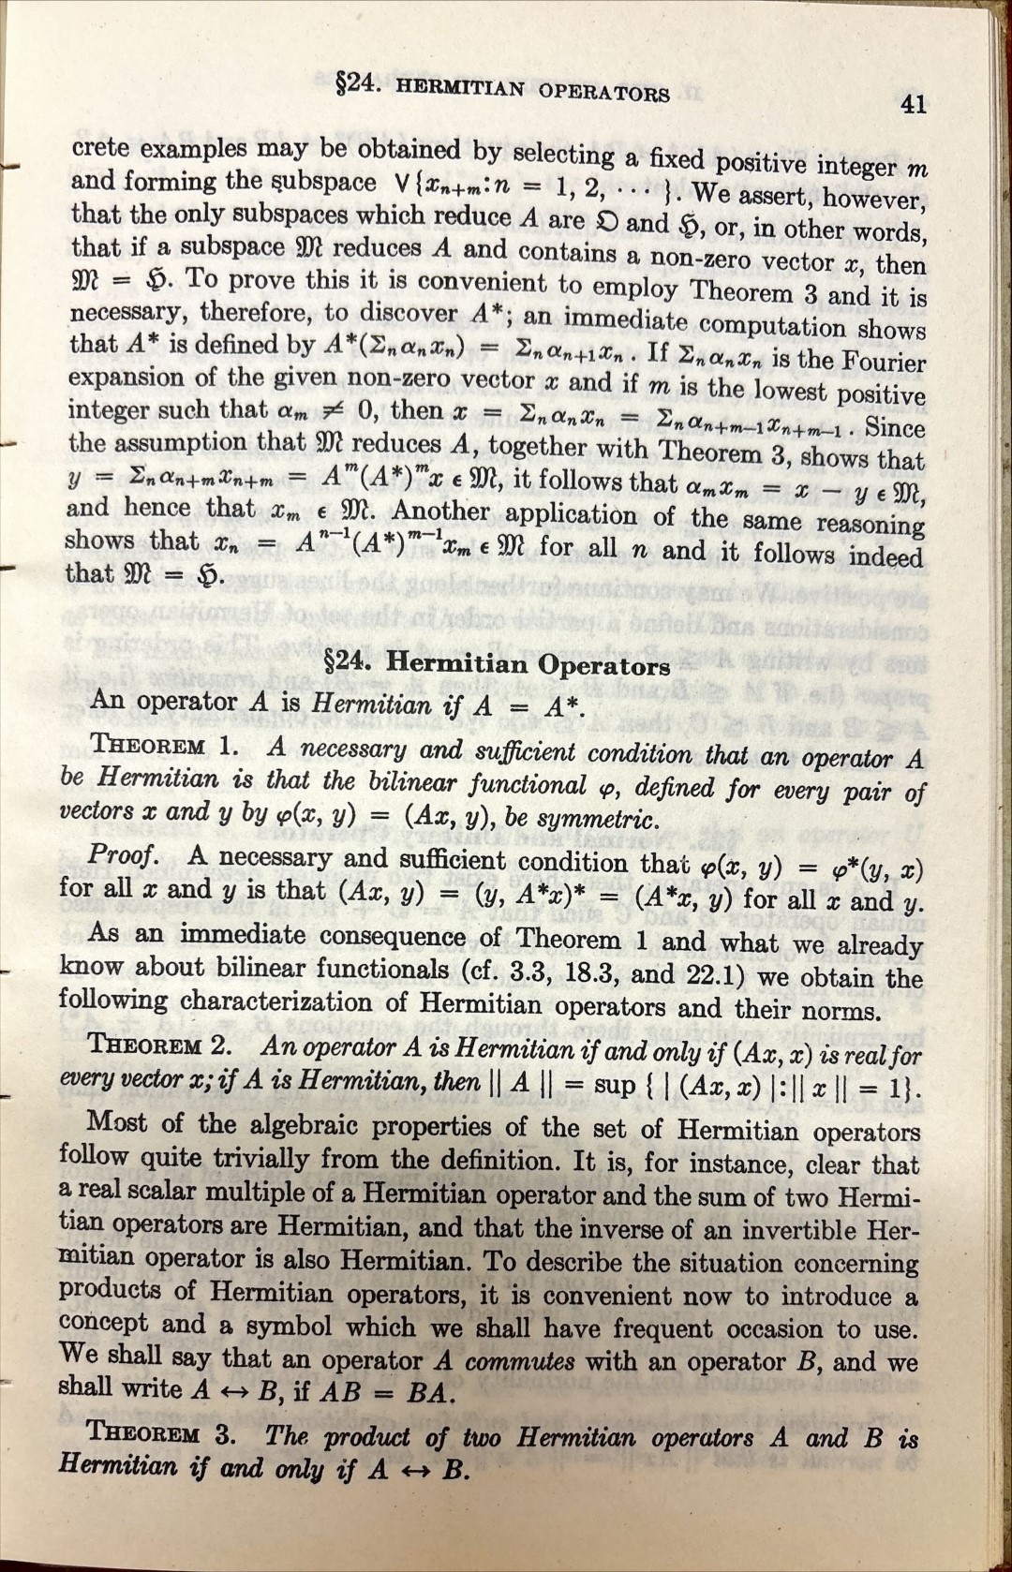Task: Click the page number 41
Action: click(x=913, y=104)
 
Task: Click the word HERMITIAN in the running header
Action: click(x=460, y=88)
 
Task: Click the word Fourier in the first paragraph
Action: click(x=880, y=362)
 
